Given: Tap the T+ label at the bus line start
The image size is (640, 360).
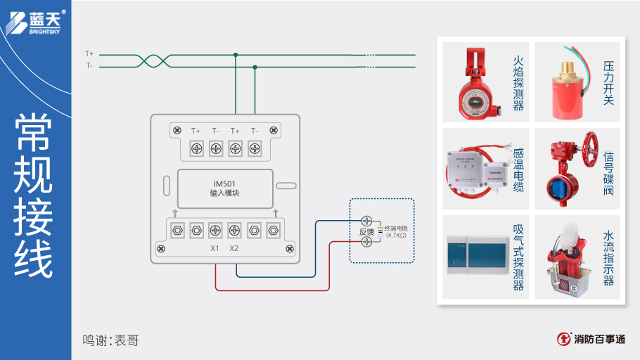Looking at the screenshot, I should (89, 53).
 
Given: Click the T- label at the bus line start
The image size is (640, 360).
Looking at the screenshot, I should (89, 65).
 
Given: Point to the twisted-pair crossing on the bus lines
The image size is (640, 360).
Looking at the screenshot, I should (153, 60).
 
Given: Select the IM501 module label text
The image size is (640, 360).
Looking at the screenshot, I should (224, 188).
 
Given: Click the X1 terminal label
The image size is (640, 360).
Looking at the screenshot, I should (215, 248).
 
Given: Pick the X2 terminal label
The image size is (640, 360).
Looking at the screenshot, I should (234, 248).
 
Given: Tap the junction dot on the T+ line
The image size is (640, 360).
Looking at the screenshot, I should (236, 54).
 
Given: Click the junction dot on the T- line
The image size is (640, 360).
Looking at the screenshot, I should (255, 67).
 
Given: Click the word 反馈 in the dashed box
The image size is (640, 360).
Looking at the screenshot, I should (366, 232).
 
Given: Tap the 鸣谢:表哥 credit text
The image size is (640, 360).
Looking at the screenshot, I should (110, 340).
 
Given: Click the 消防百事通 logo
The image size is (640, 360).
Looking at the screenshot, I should (591, 340).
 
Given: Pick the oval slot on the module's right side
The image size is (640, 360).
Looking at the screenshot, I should (286, 186).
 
